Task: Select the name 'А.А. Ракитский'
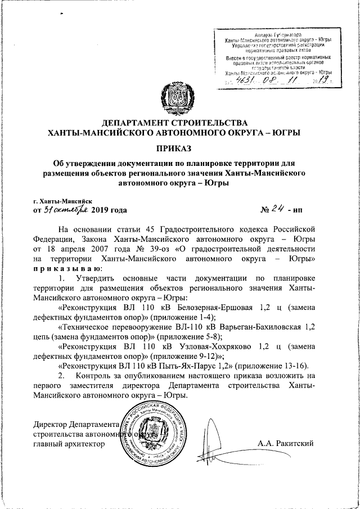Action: [287, 444]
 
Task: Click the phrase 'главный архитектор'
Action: [69, 444]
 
